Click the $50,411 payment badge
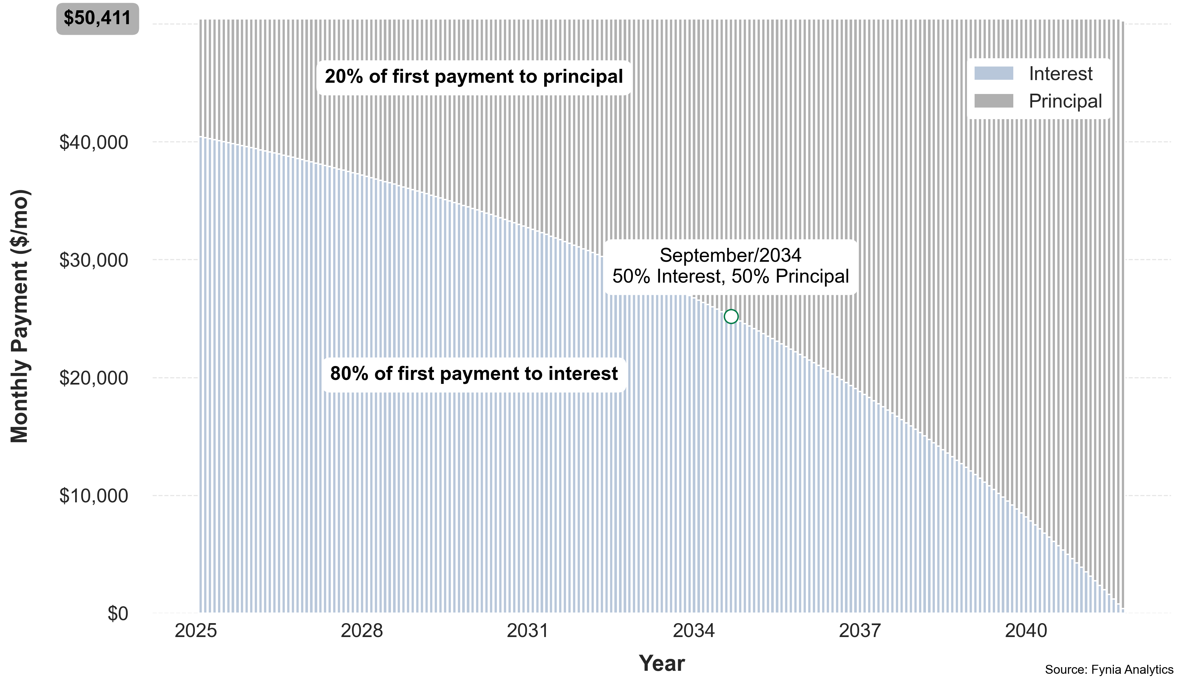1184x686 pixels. tap(97, 18)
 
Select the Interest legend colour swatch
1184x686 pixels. tap(994, 73)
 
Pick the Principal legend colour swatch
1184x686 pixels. tap(994, 101)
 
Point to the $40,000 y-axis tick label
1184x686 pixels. tap(94, 142)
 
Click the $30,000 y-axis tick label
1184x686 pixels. tap(94, 260)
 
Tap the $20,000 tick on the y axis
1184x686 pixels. tap(94, 378)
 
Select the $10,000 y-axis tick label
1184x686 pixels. tap(94, 496)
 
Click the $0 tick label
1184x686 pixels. tap(117, 614)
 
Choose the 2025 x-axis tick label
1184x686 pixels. tap(196, 630)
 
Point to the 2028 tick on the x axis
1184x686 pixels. tap(362, 630)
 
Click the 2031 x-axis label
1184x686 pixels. tap(528, 630)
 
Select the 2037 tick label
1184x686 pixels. tap(860, 630)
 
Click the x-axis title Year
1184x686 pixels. tap(662, 663)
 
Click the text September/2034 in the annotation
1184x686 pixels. tap(730, 255)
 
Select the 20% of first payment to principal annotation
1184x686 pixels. tap(474, 76)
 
